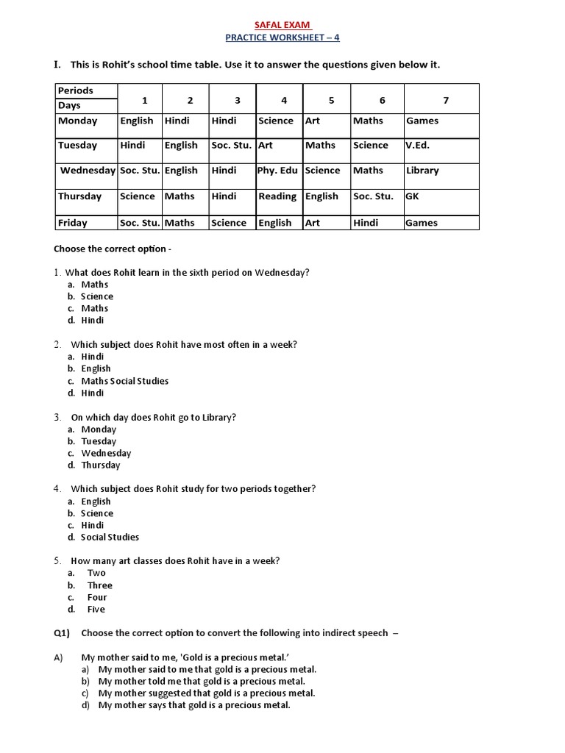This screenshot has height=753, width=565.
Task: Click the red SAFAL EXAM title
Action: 282,24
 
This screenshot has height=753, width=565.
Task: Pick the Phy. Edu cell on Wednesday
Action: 277,171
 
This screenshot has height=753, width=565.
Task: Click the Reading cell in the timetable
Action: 277,196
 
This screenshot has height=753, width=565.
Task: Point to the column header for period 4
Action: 284,101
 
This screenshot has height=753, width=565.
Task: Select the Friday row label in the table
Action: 73,223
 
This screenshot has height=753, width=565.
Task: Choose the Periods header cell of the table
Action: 76,90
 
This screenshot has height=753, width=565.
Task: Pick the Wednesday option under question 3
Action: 106,453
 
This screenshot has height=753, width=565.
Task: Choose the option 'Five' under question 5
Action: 96,609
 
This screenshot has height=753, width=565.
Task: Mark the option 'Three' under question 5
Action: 100,585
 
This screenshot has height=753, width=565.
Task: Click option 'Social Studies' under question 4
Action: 110,537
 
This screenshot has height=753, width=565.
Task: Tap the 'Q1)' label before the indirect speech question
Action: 63,632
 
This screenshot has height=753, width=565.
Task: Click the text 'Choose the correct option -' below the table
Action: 113,249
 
